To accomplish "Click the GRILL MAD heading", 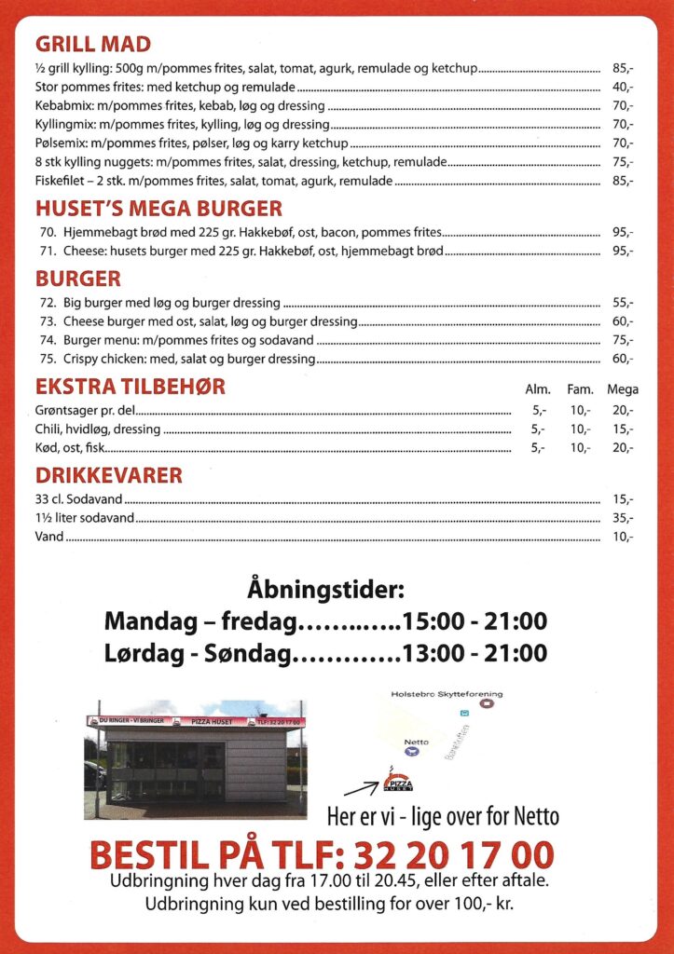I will (x=93, y=44).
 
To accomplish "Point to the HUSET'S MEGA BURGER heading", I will (x=158, y=209).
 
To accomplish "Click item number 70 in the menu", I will (x=48, y=232).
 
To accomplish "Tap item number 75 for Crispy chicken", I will (x=48, y=359).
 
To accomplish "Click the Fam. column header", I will (x=581, y=389).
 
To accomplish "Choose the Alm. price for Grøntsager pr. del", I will (x=538, y=410).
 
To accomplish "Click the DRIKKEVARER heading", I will (x=108, y=476).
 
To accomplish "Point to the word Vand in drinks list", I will (x=49, y=537).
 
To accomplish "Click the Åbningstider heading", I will (x=327, y=590).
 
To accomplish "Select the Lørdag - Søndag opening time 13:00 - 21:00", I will (x=475, y=653).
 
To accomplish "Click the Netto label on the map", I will (x=416, y=743).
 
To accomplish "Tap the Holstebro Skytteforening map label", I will (x=447, y=694).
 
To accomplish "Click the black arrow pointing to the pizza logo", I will (x=361, y=789).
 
